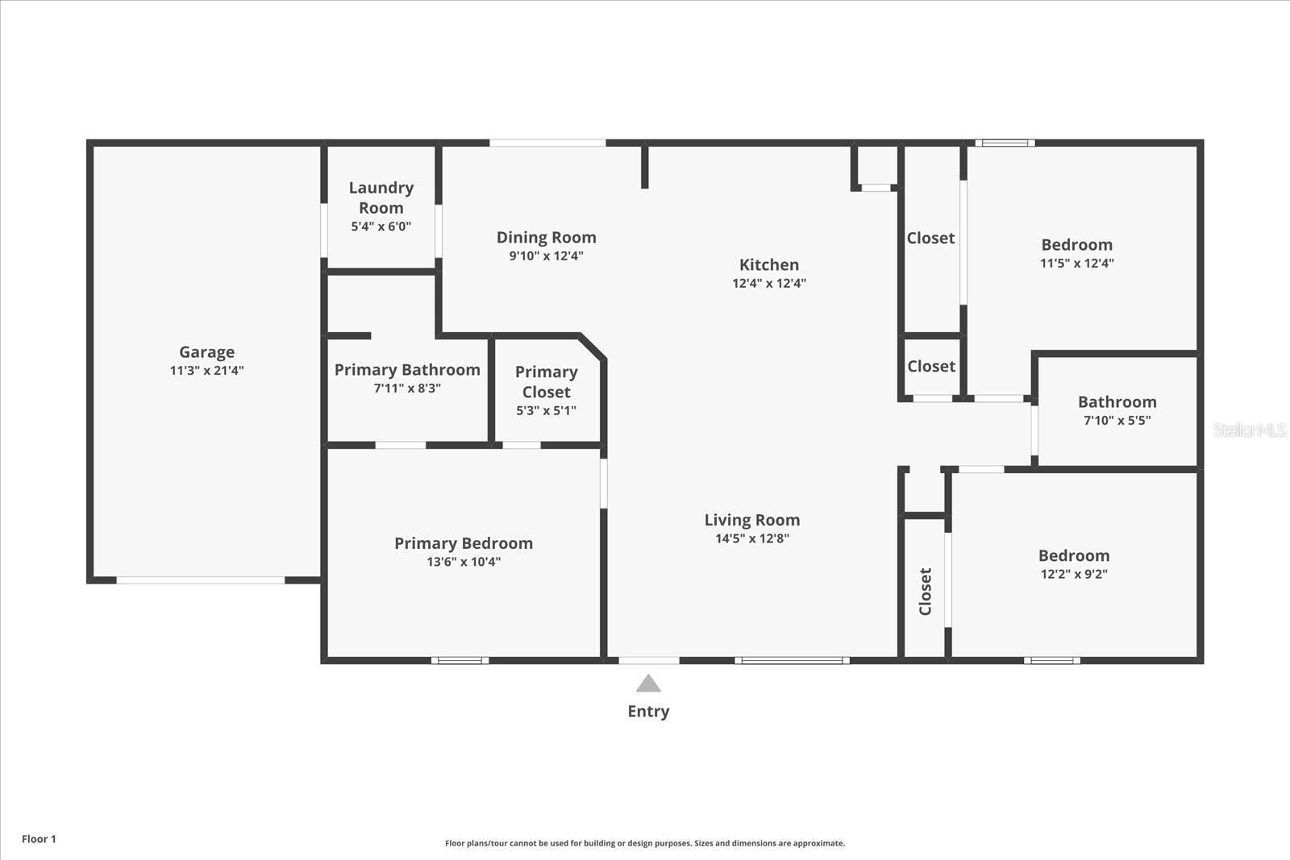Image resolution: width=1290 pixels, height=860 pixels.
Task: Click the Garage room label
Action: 206,352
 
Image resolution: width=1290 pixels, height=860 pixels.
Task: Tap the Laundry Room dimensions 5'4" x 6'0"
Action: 381,226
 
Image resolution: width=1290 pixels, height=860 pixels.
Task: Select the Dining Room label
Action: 546,238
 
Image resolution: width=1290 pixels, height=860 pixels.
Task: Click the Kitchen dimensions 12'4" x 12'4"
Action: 768,283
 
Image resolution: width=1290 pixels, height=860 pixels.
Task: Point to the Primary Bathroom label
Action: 407,370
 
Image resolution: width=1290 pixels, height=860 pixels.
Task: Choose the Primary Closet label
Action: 546,382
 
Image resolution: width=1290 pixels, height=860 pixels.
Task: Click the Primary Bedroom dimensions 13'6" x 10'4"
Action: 464,562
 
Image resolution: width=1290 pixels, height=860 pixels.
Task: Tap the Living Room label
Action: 751,521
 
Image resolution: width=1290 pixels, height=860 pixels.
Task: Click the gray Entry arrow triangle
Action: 648,684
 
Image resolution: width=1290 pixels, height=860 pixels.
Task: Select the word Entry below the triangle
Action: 648,711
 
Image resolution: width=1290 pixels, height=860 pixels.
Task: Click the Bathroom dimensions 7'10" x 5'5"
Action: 1117,420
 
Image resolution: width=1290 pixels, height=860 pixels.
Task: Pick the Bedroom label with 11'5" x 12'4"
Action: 1076,245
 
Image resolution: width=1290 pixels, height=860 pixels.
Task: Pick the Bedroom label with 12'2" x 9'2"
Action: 1073,556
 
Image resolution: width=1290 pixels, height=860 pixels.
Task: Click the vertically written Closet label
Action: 926,591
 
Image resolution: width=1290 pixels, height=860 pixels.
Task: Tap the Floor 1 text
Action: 39,839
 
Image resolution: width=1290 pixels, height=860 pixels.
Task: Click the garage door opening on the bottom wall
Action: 201,580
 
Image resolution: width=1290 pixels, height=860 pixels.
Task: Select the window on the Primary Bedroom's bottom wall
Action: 460,660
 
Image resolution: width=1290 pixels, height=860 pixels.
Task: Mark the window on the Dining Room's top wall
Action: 547,143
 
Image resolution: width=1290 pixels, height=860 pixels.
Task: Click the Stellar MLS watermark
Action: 1249,430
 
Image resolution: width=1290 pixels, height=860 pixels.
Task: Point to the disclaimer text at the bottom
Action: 645,843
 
